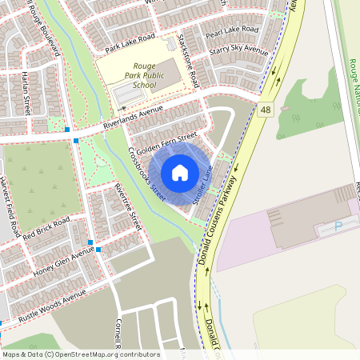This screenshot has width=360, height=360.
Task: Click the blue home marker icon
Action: click(180, 173)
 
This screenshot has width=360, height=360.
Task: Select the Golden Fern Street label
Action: click(166, 145)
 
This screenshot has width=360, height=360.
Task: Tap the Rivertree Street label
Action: click(128, 207)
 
